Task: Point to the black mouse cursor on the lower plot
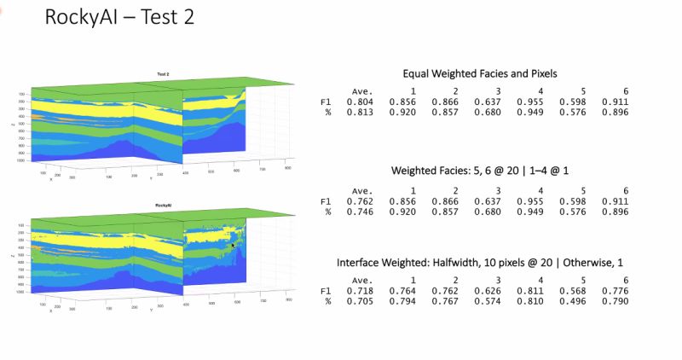[x=233, y=245]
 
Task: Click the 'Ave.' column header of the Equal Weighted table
[x=362, y=92]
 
